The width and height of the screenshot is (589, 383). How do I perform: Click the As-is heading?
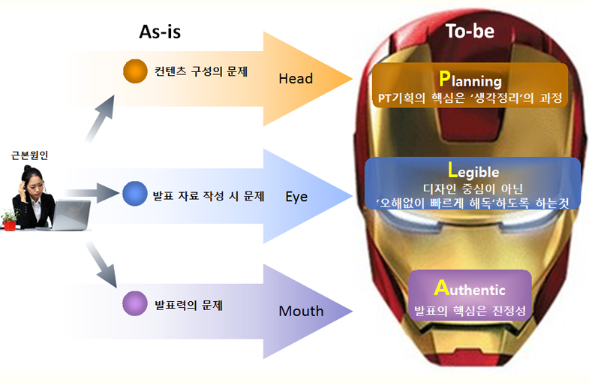tap(160, 32)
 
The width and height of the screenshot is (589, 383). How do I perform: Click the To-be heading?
tap(470, 31)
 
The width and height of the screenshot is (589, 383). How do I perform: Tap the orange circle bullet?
tap(135, 71)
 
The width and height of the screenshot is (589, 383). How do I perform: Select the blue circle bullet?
tap(135, 194)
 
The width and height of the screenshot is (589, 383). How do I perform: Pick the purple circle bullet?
tap(135, 303)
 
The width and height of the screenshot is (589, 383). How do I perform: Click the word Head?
tap(296, 79)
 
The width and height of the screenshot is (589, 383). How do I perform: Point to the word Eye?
tap(296, 197)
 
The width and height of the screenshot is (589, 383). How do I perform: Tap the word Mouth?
tap(301, 311)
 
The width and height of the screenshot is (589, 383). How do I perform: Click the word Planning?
tap(470, 80)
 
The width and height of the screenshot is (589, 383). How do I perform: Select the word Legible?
tap(473, 170)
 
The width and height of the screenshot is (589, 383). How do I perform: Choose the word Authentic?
tap(470, 288)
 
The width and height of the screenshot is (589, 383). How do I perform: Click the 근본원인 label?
tap(29, 155)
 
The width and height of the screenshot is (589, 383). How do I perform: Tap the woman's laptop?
tap(68, 216)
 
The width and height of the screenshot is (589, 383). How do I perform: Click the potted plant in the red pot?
tap(10, 220)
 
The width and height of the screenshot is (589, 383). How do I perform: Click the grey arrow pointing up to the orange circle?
tap(100, 119)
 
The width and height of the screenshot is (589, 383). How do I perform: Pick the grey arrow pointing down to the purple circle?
tap(101, 264)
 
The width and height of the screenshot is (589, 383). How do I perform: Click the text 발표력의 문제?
tap(188, 305)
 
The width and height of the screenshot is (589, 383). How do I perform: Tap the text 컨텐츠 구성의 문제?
tap(201, 71)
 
